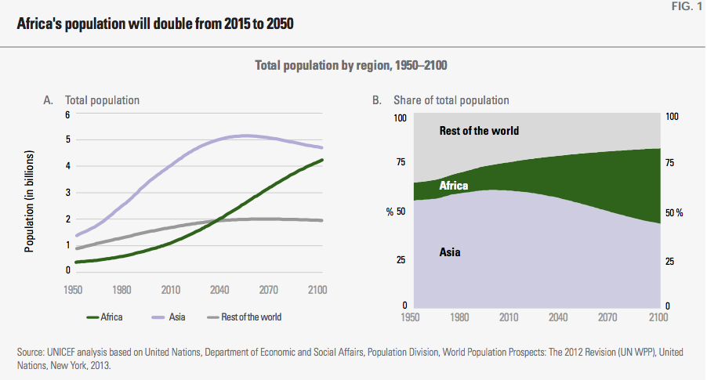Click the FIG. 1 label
click(x=687, y=6)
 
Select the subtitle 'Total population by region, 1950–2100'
click(x=351, y=65)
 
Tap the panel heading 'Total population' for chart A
click(x=102, y=100)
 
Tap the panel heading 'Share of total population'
click(x=451, y=100)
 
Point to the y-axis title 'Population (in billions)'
click(x=29, y=201)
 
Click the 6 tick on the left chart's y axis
click(x=67, y=115)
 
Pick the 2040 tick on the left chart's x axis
click(x=219, y=290)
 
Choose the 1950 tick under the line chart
click(x=73, y=290)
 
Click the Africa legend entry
click(x=104, y=317)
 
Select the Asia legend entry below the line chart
click(x=169, y=317)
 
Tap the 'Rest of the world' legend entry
click(x=244, y=317)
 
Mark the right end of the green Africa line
click(x=322, y=160)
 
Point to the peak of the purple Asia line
click(x=245, y=136)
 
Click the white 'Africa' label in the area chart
click(x=454, y=186)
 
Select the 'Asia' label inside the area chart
click(x=450, y=252)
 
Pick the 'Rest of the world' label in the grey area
click(x=479, y=131)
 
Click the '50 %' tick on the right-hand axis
click(x=674, y=213)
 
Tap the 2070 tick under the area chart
click(x=607, y=317)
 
